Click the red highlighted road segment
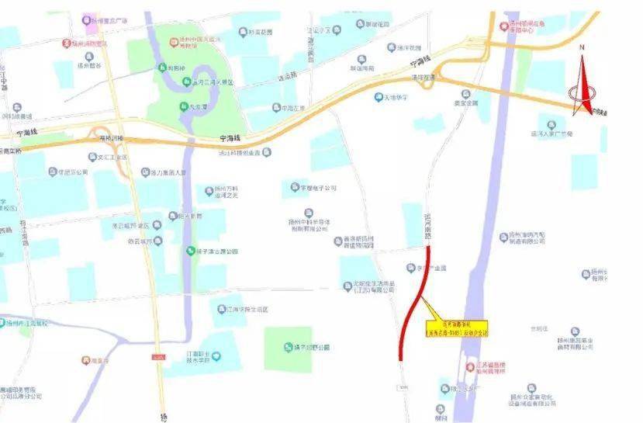pos(413,303)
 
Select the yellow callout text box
pos(457,329)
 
